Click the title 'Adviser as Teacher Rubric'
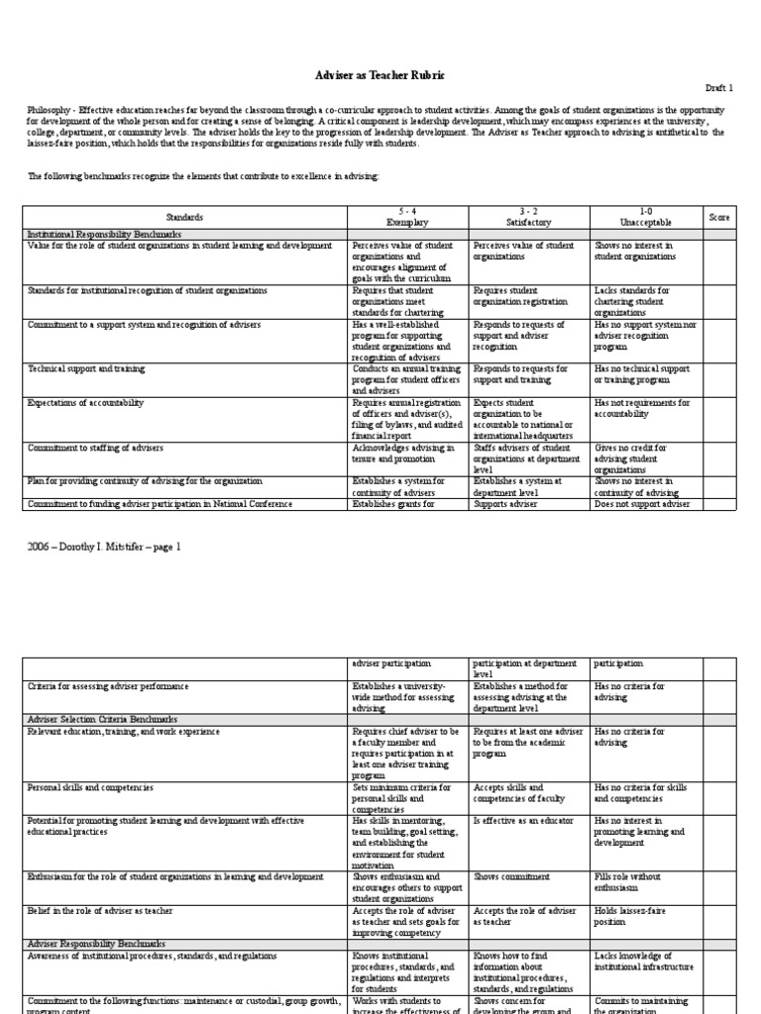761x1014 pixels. (x=380, y=75)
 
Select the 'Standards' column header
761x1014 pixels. (x=184, y=217)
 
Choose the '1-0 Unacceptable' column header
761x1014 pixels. (x=646, y=217)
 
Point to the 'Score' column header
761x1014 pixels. (x=719, y=216)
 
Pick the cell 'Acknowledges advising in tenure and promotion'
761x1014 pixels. (x=404, y=453)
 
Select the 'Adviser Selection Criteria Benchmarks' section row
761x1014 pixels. (x=87, y=718)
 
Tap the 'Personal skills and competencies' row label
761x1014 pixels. (x=90, y=786)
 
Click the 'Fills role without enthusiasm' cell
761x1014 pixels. (x=629, y=882)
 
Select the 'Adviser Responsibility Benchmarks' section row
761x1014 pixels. (x=96, y=944)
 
